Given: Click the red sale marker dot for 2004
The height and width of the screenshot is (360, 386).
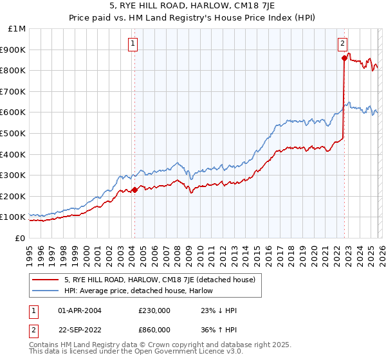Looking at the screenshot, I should [134, 190].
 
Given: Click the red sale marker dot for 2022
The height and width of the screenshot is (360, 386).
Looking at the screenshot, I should [344, 58].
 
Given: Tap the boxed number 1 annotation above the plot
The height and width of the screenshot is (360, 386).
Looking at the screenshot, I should [133, 44].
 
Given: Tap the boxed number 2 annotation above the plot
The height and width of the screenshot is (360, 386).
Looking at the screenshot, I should [342, 44].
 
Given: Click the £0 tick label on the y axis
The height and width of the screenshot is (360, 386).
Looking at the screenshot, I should [19, 238].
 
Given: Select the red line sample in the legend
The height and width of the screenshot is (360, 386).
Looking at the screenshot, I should [46, 280].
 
